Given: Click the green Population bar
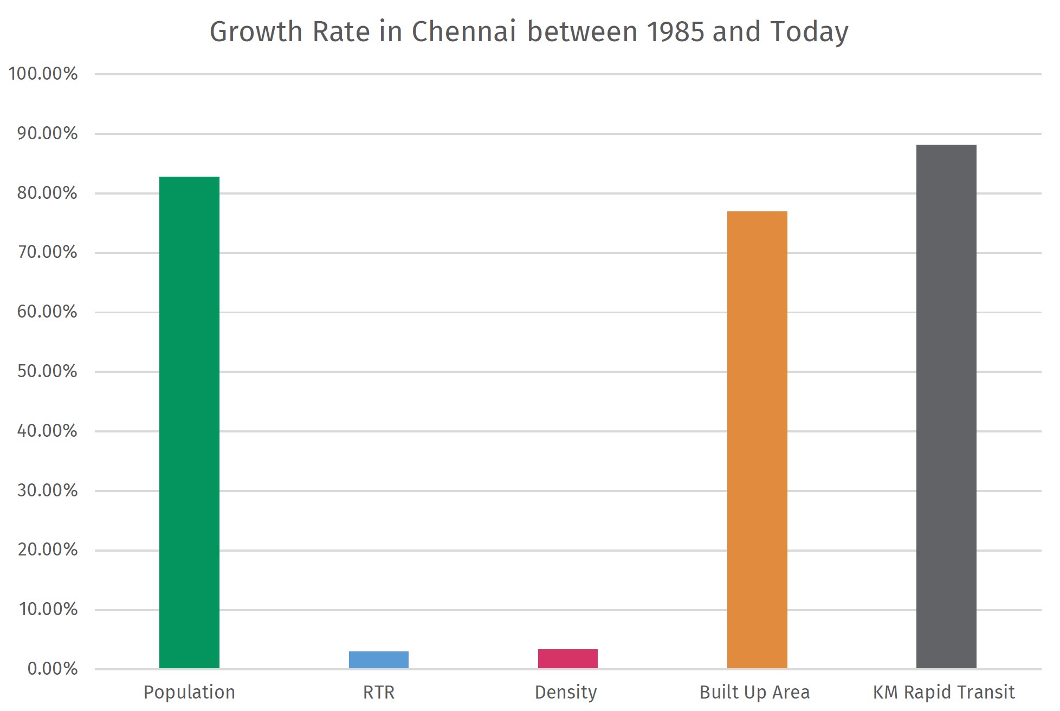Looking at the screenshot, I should click(189, 423).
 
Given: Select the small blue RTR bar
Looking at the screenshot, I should click(378, 660).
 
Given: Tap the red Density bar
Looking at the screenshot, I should click(567, 658).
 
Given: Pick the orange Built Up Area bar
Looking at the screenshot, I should click(757, 439).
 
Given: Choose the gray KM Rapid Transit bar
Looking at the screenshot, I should click(946, 406).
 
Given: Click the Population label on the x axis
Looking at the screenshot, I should click(189, 692).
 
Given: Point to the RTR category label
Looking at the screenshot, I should click(378, 692).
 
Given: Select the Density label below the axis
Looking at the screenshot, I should click(566, 692).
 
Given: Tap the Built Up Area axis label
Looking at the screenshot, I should click(754, 692).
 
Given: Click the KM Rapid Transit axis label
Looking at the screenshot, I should click(943, 692).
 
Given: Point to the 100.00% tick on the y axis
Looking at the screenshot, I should click(43, 74).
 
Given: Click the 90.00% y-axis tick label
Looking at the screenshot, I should click(47, 133).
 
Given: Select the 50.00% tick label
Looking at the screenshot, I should click(47, 371).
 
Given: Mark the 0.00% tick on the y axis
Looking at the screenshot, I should click(53, 669).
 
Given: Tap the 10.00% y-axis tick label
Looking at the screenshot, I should click(48, 609).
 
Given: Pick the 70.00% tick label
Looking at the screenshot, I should click(47, 252).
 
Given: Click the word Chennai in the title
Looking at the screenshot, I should click(463, 31).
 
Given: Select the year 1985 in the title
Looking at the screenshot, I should click(675, 31).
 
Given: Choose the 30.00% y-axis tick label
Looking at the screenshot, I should click(47, 490).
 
